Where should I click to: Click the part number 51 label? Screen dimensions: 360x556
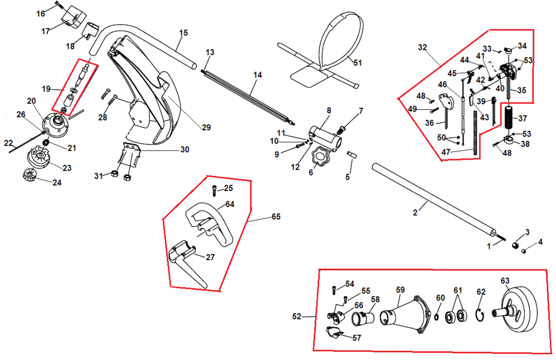(358, 63)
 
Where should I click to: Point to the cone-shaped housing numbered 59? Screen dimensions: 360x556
(406, 315)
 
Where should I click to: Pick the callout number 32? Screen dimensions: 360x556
(423, 47)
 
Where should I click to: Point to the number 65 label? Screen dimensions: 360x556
(276, 217)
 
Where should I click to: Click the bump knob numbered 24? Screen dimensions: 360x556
(29, 174)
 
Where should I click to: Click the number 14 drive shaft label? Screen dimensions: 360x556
(257, 75)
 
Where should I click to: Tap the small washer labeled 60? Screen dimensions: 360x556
(437, 316)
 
